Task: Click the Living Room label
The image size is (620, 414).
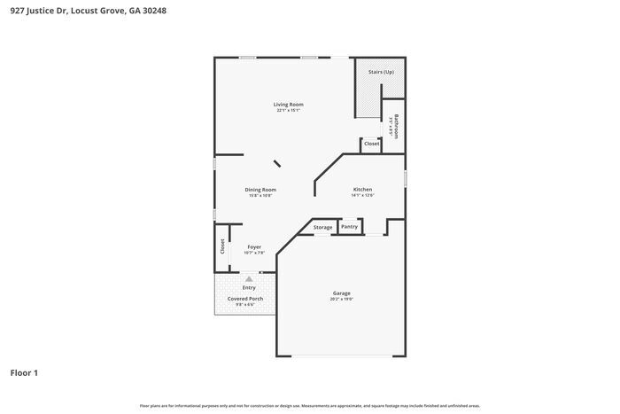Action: [x=288, y=105]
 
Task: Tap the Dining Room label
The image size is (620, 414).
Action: [x=260, y=189]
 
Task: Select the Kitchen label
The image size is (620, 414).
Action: [x=362, y=190]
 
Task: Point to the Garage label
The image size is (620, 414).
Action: [x=341, y=293]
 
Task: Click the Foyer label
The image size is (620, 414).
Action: [x=254, y=246]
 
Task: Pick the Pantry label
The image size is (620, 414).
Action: [x=349, y=227]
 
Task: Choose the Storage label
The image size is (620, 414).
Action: [x=322, y=228]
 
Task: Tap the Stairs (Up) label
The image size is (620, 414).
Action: [x=381, y=71]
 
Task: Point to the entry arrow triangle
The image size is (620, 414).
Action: [x=249, y=278]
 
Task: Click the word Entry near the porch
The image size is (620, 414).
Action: [x=249, y=287]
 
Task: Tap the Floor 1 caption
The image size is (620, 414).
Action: [x=24, y=372]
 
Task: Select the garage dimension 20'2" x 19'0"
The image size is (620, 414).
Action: [x=341, y=300]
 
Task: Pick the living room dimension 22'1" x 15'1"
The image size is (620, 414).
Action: [x=288, y=111]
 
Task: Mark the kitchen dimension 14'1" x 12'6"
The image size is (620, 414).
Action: [x=362, y=196]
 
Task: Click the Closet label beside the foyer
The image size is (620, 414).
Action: [x=222, y=246]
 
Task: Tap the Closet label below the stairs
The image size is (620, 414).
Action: [x=372, y=144]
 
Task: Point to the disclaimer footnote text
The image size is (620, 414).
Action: [x=310, y=405]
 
